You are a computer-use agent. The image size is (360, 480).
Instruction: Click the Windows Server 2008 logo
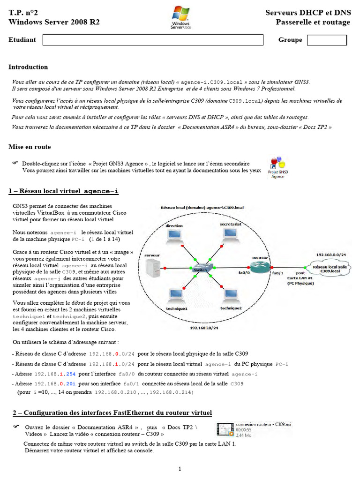(x=180, y=17)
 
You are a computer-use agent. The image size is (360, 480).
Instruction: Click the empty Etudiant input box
(x=159, y=40)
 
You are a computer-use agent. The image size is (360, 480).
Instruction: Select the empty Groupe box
(x=327, y=40)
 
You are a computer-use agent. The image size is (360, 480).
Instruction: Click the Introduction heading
(x=28, y=67)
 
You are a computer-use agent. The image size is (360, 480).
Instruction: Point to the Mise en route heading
(x=30, y=147)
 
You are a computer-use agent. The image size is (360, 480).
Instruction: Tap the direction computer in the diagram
(x=174, y=237)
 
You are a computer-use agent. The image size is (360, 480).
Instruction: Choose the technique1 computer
(x=176, y=297)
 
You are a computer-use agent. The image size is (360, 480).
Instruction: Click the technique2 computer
(x=231, y=297)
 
